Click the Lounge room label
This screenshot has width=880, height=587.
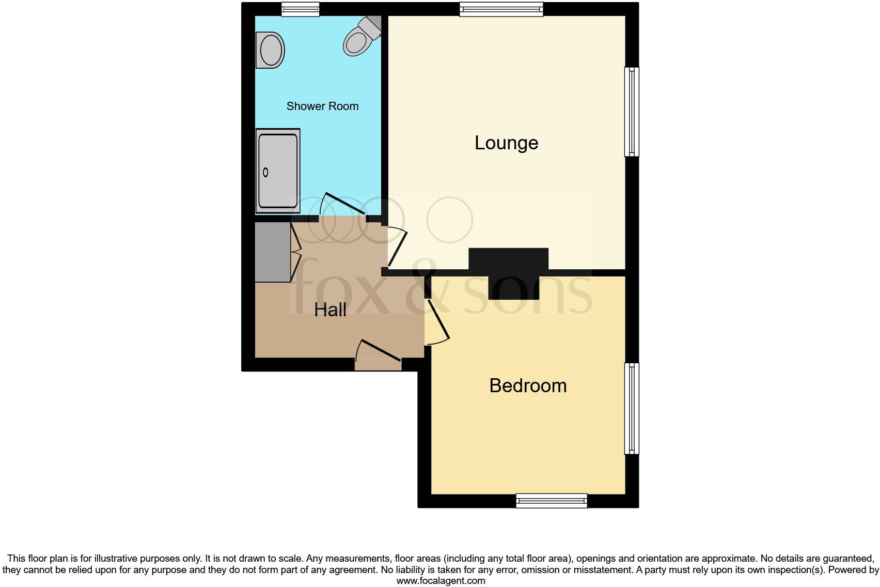(x=506, y=143)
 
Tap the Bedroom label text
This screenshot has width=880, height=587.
(x=528, y=386)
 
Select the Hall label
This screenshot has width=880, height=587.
(x=330, y=310)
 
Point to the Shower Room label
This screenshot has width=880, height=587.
(x=322, y=106)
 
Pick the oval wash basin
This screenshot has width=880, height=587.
(x=271, y=50)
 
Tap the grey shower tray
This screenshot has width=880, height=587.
(x=278, y=171)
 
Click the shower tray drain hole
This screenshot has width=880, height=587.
(x=266, y=173)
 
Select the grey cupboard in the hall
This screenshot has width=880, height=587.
(x=273, y=252)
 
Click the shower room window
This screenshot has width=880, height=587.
(x=300, y=9)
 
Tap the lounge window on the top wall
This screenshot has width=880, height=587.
(x=501, y=9)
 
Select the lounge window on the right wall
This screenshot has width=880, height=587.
(x=632, y=112)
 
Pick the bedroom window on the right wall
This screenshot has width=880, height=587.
(x=632, y=408)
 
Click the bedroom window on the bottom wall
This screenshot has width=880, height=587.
(x=552, y=501)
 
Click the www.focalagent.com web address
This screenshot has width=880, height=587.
(x=441, y=581)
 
